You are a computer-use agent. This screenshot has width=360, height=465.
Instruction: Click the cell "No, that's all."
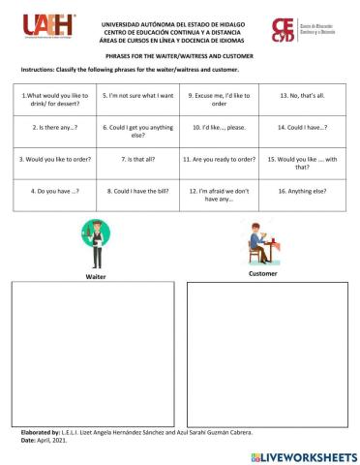tap(303, 96)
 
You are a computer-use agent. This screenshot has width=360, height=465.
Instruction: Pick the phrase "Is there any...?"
tap(54, 127)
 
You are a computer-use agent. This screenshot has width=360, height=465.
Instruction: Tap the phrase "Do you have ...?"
tap(54, 191)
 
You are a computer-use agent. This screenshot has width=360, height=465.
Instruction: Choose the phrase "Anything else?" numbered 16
tap(303, 191)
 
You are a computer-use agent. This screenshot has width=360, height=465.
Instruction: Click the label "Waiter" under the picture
tap(96, 276)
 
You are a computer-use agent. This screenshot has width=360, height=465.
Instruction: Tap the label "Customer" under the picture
tap(262, 273)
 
